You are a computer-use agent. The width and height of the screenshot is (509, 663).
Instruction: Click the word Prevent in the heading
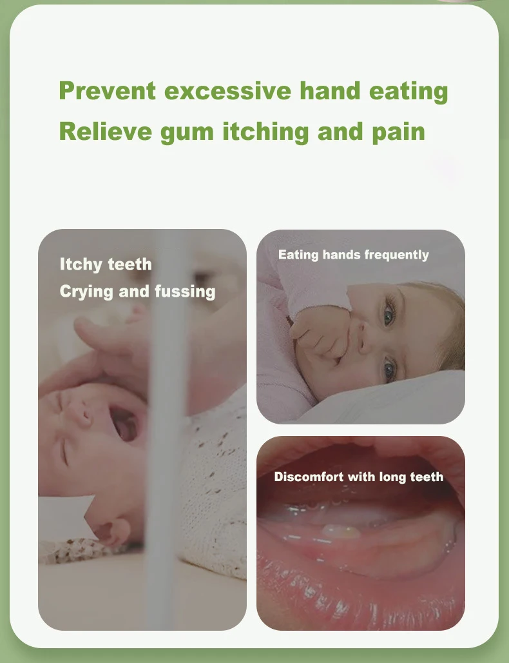coord(108,90)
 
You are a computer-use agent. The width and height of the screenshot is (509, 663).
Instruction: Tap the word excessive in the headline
coord(227,90)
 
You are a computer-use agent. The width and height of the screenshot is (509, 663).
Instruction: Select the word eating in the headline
coord(408,92)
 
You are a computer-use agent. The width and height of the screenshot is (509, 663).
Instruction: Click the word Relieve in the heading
coord(106,131)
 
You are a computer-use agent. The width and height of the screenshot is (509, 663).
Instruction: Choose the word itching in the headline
coord(265,132)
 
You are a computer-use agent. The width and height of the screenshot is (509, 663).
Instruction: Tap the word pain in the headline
coord(398,132)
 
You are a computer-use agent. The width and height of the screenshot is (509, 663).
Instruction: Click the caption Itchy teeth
coord(106,264)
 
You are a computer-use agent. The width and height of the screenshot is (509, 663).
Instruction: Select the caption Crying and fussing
coord(138,292)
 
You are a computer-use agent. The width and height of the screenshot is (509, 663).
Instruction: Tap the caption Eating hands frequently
coord(354,255)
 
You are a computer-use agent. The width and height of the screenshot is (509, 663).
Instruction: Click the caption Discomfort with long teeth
coord(359,477)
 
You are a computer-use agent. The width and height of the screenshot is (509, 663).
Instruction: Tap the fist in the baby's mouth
coord(323,334)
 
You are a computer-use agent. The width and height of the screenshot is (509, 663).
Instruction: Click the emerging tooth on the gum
coord(340,531)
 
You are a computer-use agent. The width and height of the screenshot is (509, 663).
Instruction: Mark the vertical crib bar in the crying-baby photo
coord(166,429)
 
